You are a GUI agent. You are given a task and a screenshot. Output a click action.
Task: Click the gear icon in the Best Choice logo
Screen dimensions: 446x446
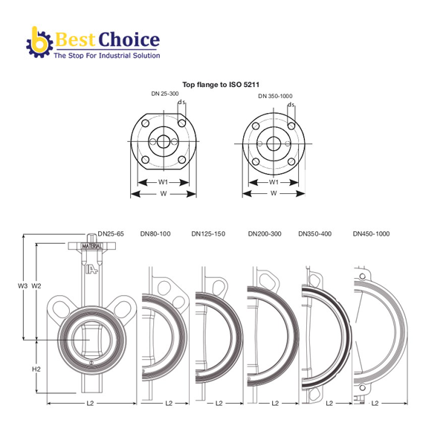[39, 44]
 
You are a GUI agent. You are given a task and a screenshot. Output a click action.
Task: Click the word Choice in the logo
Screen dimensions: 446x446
[129, 39]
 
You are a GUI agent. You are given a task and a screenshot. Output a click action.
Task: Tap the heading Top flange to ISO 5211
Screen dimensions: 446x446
[221, 85]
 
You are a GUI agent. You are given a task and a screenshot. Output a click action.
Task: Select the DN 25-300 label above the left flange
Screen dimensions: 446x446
[165, 94]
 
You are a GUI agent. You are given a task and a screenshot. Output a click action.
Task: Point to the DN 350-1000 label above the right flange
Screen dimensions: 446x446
[275, 96]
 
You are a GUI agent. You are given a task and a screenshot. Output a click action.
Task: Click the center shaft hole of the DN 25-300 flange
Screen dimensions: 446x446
[164, 141]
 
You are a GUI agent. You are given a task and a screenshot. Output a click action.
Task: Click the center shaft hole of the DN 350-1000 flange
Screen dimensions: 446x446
[274, 143]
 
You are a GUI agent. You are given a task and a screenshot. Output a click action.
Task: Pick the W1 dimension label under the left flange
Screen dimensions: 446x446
[163, 182]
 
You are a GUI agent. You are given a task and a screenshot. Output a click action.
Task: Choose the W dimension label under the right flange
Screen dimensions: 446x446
[274, 193]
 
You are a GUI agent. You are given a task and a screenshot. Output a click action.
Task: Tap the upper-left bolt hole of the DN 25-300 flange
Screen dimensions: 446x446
[146, 123]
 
